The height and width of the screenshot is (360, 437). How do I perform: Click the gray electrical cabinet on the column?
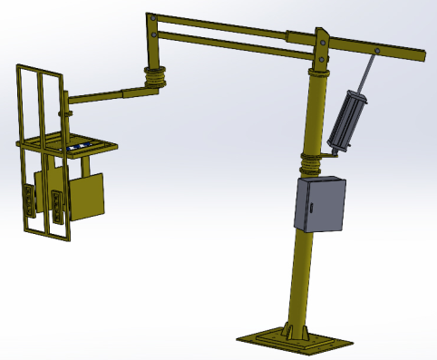321,205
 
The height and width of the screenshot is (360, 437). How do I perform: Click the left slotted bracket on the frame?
33,201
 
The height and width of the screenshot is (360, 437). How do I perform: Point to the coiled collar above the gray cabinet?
314,164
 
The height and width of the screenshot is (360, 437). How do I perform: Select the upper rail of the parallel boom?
227,27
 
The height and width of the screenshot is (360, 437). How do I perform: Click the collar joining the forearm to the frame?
66,112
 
